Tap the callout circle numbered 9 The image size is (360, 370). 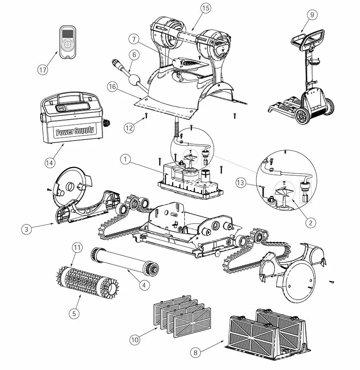click(312, 14)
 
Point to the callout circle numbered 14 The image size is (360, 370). click(50, 162)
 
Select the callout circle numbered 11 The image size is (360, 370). click(77, 248)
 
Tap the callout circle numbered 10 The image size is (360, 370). click(134, 340)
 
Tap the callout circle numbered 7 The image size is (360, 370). click(132, 40)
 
